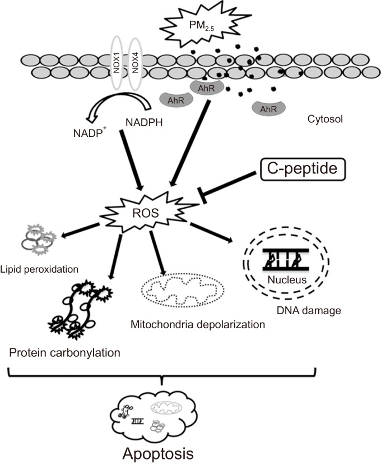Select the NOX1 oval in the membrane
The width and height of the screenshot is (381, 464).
tap(117, 63)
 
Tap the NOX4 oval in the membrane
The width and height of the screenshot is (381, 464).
tap(135, 63)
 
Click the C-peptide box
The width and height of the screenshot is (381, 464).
tap(303, 169)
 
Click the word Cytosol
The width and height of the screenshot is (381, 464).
tap(325, 119)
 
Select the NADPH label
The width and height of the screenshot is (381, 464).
tap(144, 122)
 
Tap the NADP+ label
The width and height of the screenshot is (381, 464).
tap(90, 132)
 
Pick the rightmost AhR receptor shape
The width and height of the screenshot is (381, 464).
tap(269, 109)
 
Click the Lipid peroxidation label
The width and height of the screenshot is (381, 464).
tap(39, 269)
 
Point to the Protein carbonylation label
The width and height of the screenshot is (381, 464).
tap(65, 352)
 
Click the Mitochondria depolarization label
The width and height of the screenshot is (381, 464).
tap(198, 325)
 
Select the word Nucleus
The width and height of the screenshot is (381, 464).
tap(287, 279)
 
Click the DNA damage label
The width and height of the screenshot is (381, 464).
tap(309, 310)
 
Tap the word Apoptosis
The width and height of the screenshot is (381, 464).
tap(158, 453)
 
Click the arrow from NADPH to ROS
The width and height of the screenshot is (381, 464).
tap(132, 160)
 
